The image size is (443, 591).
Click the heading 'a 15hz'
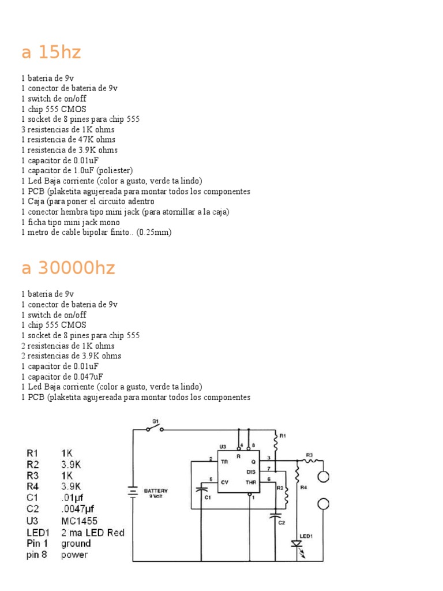(x=51, y=53)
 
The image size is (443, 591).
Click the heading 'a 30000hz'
(x=68, y=268)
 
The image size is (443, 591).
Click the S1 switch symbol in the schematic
(x=154, y=429)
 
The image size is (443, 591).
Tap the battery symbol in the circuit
(x=133, y=492)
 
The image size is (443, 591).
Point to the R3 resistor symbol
(x=310, y=461)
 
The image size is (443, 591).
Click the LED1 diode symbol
(x=297, y=544)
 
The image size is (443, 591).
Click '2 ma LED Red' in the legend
(x=92, y=532)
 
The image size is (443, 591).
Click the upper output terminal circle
(x=324, y=476)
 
